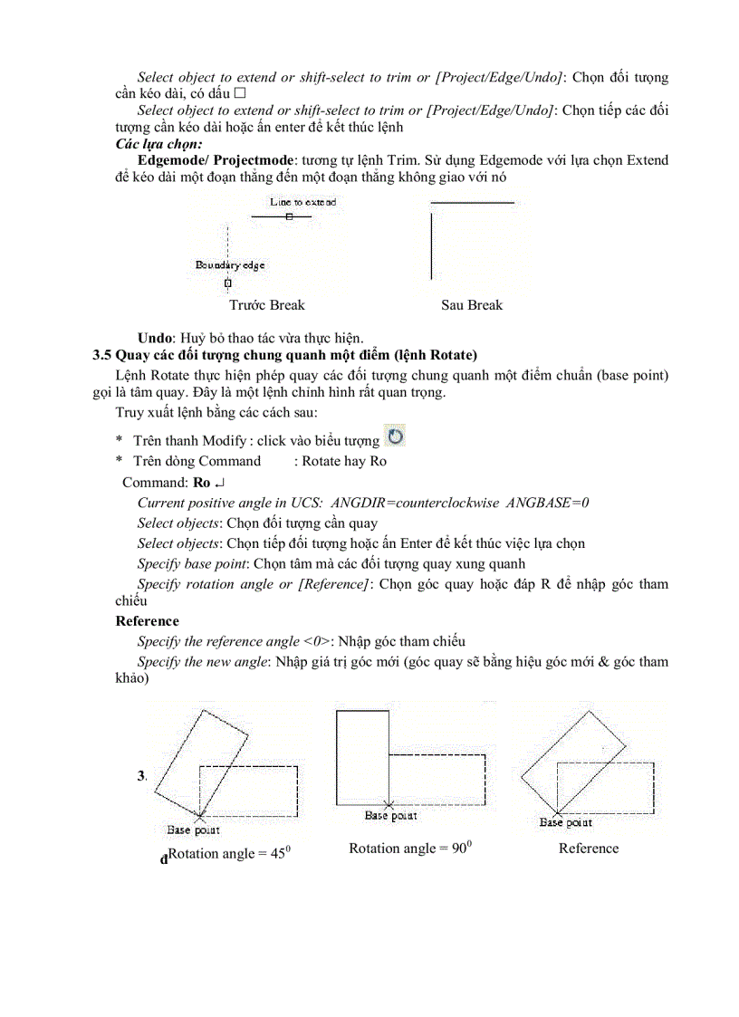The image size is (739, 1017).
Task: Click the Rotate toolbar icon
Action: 396,437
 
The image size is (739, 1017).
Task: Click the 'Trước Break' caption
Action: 267,305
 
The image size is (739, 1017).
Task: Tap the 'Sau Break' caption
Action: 471,305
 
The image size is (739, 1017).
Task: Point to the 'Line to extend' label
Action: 302,202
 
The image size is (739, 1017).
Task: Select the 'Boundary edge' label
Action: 230,265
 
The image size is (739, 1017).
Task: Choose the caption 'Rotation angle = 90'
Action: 412,849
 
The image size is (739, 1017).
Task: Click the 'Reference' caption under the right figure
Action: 589,849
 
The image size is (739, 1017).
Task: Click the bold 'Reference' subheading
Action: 148,621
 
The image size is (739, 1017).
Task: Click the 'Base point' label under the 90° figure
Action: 391,816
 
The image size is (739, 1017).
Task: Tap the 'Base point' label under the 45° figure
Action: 194,830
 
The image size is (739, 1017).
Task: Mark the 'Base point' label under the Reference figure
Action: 566,823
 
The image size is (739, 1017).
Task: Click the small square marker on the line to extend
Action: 288,217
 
